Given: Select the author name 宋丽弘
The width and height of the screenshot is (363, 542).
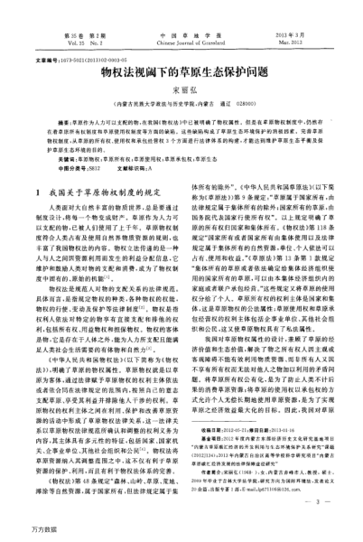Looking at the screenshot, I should [x=181, y=91].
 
